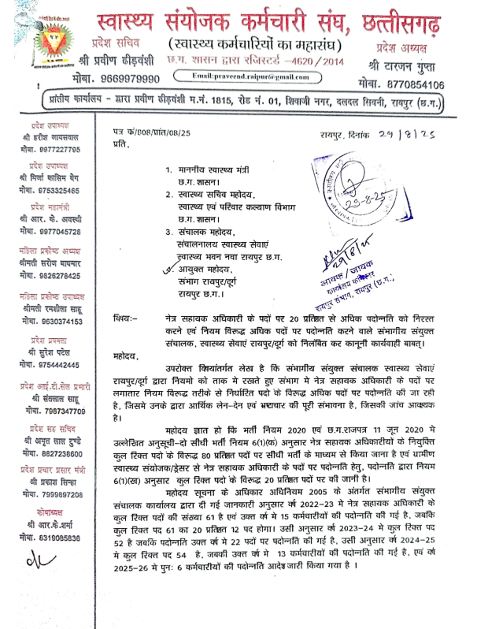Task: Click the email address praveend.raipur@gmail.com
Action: coord(255,76)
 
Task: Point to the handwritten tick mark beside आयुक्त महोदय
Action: coord(165,269)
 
